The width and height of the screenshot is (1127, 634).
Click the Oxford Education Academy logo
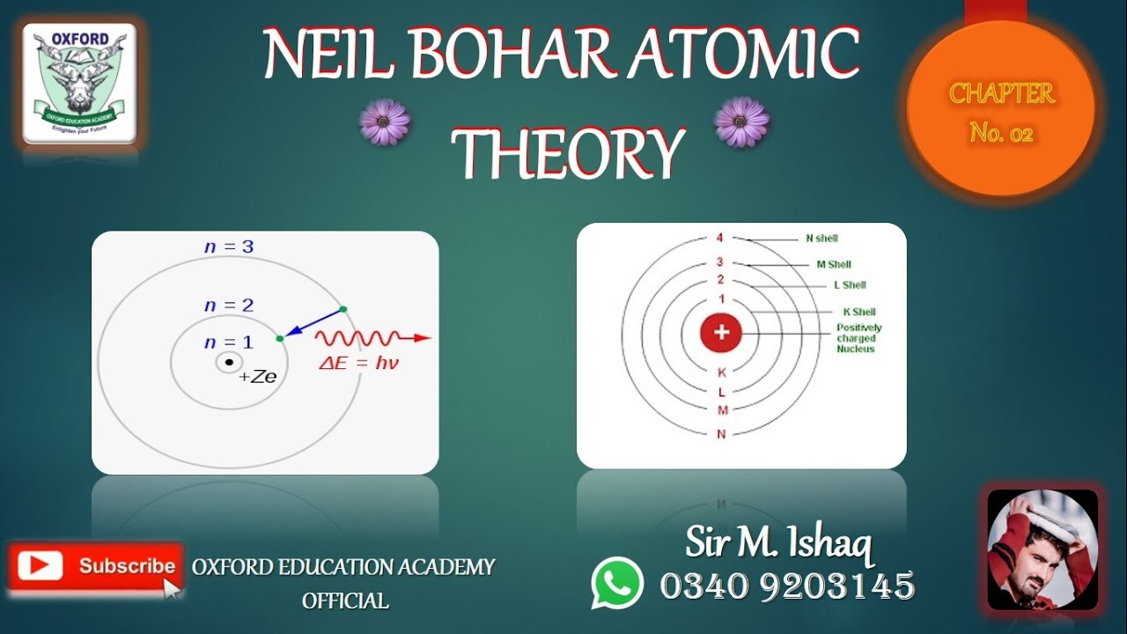point(79,84)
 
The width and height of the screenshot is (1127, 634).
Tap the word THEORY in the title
point(568,152)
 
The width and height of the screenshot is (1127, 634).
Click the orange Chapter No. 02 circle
point(1001,111)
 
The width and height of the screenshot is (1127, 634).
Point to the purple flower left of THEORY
point(385,123)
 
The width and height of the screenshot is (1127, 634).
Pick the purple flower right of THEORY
point(741,122)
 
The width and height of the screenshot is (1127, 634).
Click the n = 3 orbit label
point(229,247)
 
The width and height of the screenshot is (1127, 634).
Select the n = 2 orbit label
point(229,306)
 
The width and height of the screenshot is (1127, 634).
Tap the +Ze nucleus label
point(258,377)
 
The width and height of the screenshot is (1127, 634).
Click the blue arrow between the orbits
point(313,322)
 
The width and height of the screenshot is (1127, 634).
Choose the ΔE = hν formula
point(358,362)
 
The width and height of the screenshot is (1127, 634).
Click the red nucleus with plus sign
point(721,333)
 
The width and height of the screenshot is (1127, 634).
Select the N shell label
point(821,239)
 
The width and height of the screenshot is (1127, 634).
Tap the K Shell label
point(858,312)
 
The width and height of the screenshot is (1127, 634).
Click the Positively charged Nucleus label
point(858,338)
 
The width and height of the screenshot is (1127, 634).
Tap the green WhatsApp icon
point(616,583)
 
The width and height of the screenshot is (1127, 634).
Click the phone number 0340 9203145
point(787,586)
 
